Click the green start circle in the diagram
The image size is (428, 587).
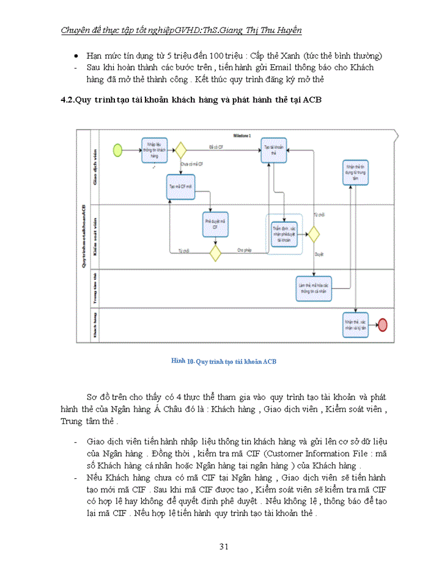point(117,149)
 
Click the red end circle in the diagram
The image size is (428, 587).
point(383,325)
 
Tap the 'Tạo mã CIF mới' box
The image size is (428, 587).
point(180,187)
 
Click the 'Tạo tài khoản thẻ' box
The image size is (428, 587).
point(275,150)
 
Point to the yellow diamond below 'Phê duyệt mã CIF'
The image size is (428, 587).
point(215,252)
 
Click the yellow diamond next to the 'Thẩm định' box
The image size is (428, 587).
point(314,234)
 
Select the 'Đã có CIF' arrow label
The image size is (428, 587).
point(215,147)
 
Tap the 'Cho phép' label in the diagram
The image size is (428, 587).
point(245,249)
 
